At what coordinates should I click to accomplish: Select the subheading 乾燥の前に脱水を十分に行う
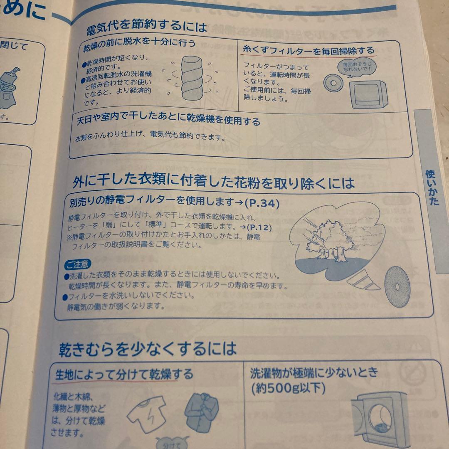139,44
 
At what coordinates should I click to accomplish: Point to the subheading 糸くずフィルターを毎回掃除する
308,51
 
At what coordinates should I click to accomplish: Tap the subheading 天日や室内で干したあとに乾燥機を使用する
168,121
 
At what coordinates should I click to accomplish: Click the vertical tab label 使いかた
432,187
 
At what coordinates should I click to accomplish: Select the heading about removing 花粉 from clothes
213,182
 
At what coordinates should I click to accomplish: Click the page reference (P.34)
262,204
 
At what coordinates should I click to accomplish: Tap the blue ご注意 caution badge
77,264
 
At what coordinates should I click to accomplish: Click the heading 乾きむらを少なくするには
148,348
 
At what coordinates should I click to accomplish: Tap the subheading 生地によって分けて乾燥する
124,375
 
